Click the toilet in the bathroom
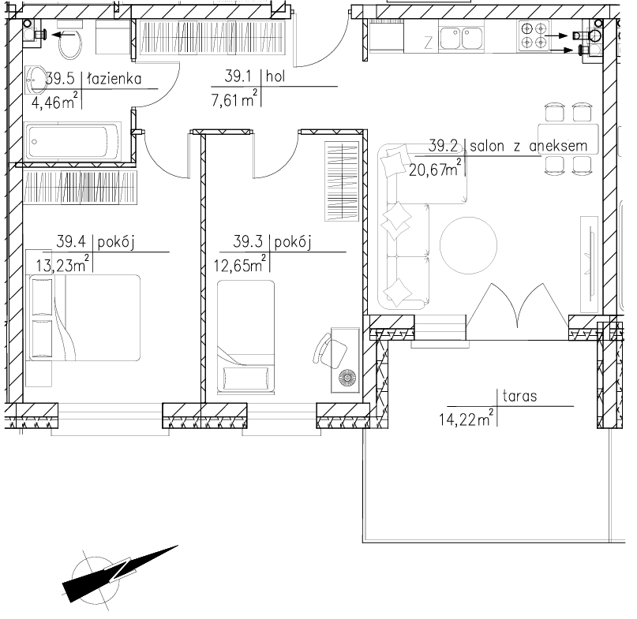[70, 39]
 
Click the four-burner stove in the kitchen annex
[533, 35]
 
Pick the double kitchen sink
[461, 38]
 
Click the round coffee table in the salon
[468, 245]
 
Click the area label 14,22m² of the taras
[467, 418]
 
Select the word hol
[275, 76]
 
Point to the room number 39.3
[248, 241]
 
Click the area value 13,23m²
[62, 264]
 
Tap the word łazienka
[114, 78]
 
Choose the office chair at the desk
[329, 350]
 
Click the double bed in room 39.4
[83, 318]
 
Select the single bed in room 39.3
[245, 337]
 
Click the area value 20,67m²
[435, 168]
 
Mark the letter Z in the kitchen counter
[428, 43]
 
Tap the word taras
[519, 396]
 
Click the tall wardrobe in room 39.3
[342, 181]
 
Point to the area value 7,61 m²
[234, 99]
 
